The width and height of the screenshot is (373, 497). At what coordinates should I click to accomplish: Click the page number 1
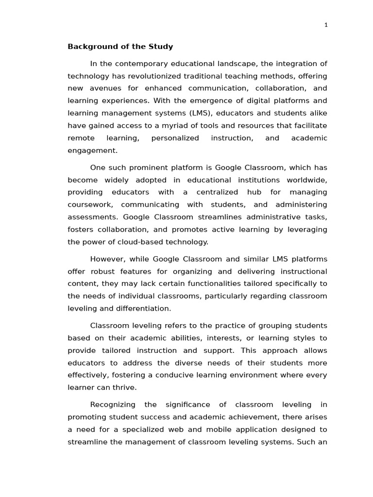pos(326,25)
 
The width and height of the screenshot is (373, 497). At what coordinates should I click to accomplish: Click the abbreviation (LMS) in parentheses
pos(199,113)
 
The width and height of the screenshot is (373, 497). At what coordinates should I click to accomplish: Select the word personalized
pos(175,138)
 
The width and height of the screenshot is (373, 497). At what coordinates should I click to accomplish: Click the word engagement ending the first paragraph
pos(92,150)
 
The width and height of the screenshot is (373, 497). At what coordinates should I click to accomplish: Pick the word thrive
pos(126,387)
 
